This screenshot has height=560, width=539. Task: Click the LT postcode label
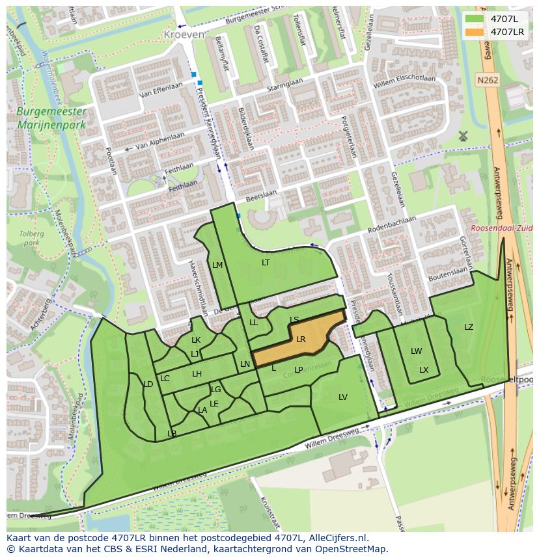[x=266, y=263]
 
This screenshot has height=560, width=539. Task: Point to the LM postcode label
[x=217, y=265]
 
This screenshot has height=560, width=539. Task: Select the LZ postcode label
[x=469, y=327]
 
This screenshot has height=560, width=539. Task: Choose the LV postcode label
[x=343, y=397]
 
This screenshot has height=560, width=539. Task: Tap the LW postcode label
[x=416, y=351]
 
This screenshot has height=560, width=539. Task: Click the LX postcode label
[x=424, y=369]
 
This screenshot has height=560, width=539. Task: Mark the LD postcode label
[x=148, y=384]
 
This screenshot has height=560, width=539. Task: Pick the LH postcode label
[x=197, y=373]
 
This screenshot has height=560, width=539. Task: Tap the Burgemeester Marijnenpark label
[x=51, y=118]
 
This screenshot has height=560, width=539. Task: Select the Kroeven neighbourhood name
[x=184, y=34]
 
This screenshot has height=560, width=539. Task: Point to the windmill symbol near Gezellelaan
[x=463, y=136]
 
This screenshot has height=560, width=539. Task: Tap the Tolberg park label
[x=32, y=237]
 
